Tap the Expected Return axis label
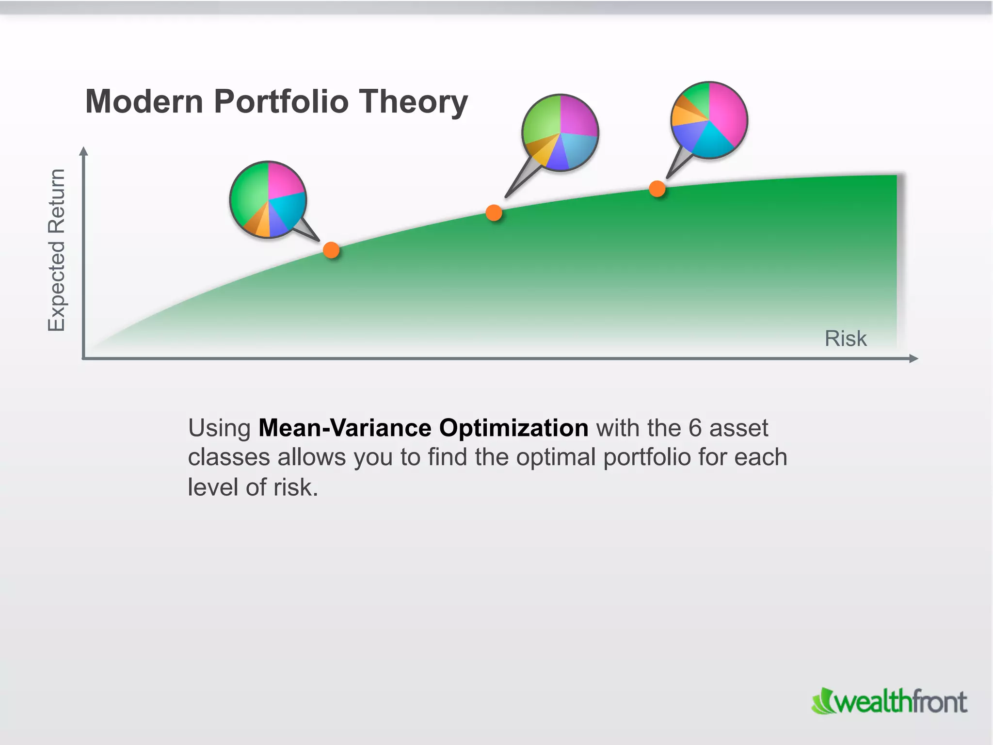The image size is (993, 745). coord(57,250)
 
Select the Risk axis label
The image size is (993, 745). coord(845,339)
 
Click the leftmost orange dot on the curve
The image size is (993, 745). coord(331,250)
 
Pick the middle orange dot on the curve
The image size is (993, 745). coord(494,213)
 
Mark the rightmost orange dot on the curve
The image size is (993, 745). coord(657,189)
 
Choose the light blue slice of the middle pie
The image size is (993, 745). coord(579,149)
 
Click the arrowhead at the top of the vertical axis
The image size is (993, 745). coord(83,151)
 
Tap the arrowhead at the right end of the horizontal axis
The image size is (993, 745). coord(913,358)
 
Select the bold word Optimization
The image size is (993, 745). coord(513,428)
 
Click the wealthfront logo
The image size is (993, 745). coord(889,701)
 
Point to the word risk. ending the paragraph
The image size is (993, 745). coord(295,487)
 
